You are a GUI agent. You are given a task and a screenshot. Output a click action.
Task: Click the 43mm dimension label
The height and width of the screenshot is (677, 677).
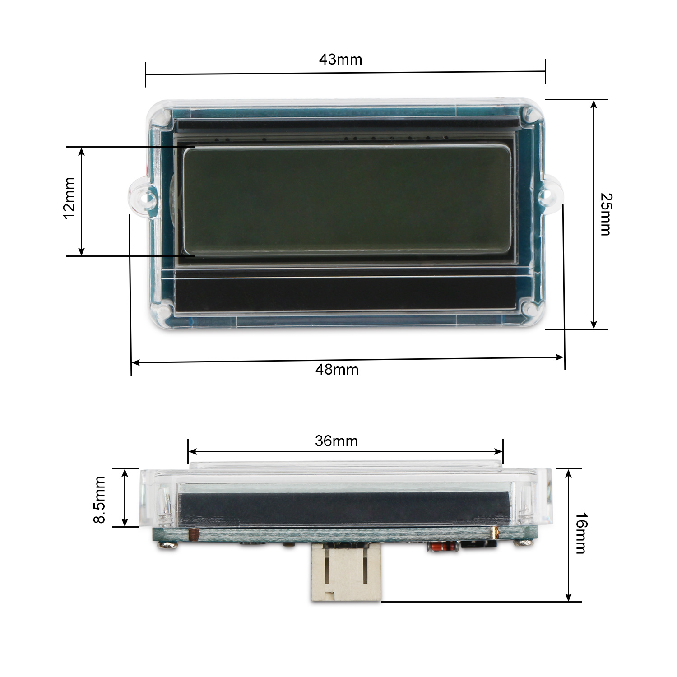coord(340,60)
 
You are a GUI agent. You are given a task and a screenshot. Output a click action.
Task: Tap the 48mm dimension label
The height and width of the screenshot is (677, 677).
coord(337,370)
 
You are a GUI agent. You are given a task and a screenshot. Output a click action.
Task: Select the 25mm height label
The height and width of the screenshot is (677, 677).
coord(605,214)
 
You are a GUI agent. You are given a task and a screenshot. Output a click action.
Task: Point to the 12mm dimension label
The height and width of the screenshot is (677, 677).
coord(69,198)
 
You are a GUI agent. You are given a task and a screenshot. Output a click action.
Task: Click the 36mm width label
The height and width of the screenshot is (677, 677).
coord(336,441)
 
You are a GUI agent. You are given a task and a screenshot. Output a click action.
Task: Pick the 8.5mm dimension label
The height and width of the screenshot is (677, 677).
coord(99,500)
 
